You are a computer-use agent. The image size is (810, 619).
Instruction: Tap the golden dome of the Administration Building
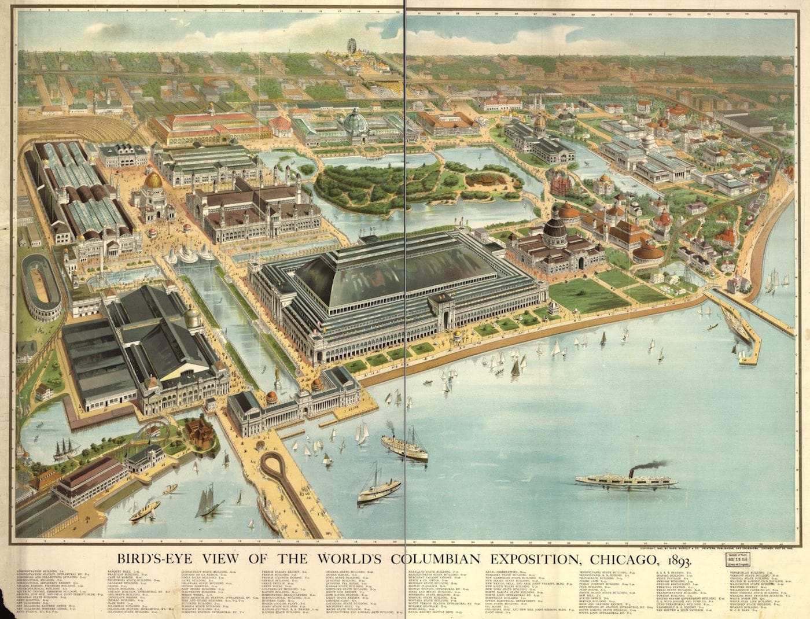pos(153,180)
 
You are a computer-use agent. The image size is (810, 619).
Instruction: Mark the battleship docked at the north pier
pos(737,327)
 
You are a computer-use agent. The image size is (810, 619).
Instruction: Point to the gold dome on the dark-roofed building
pos(192,316)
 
